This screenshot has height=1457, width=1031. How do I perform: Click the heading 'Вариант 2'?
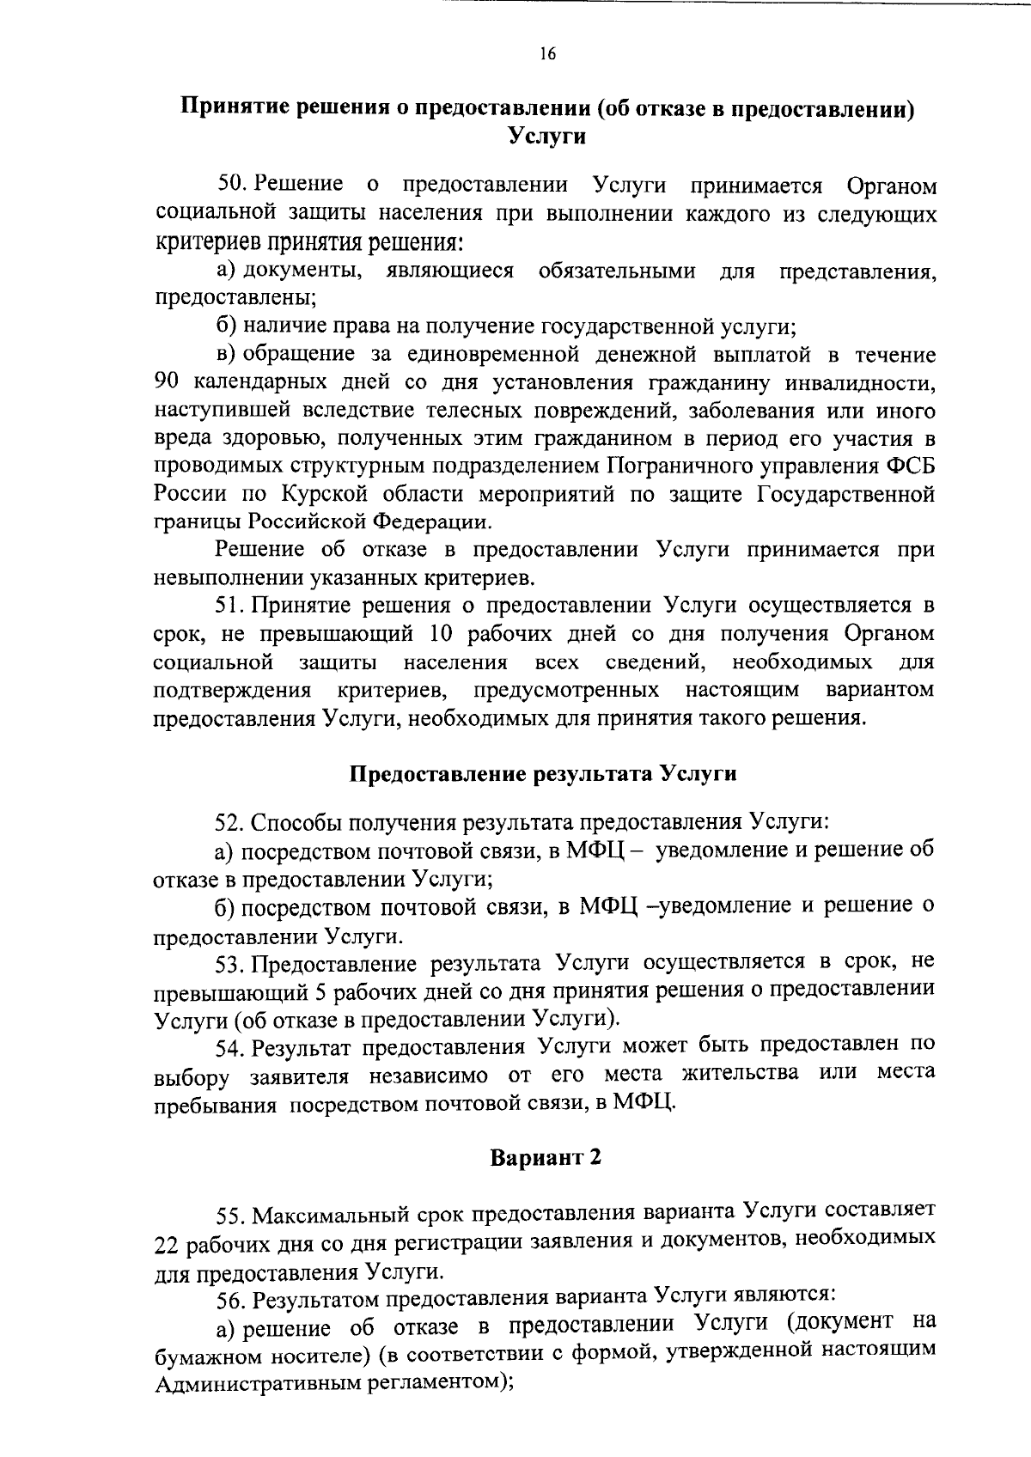(546, 1157)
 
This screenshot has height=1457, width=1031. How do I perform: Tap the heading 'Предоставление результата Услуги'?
(543, 774)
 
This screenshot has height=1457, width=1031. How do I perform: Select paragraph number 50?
(232, 185)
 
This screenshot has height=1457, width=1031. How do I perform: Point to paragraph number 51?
(230, 606)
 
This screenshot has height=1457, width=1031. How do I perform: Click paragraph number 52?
(230, 822)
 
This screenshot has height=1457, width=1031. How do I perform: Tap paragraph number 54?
(232, 1046)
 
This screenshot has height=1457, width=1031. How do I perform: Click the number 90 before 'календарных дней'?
(167, 382)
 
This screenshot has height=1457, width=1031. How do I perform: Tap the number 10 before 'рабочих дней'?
(441, 634)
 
